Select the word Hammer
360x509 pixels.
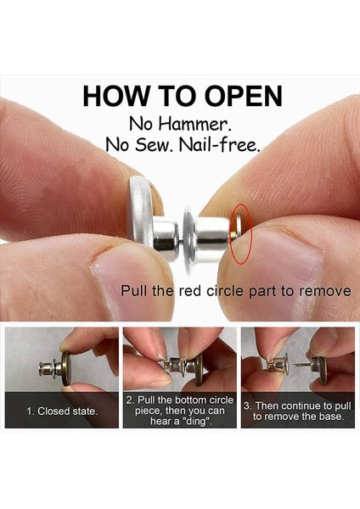tap(195, 125)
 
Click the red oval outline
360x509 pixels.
tap(230, 234)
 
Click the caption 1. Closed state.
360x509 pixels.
tap(62, 411)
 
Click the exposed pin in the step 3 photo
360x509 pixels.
tap(301, 365)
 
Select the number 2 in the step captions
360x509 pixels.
tap(129, 400)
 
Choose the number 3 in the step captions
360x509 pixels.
tap(246, 406)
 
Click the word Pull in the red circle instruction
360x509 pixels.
tap(131, 290)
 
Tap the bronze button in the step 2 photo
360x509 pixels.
tap(198, 369)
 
